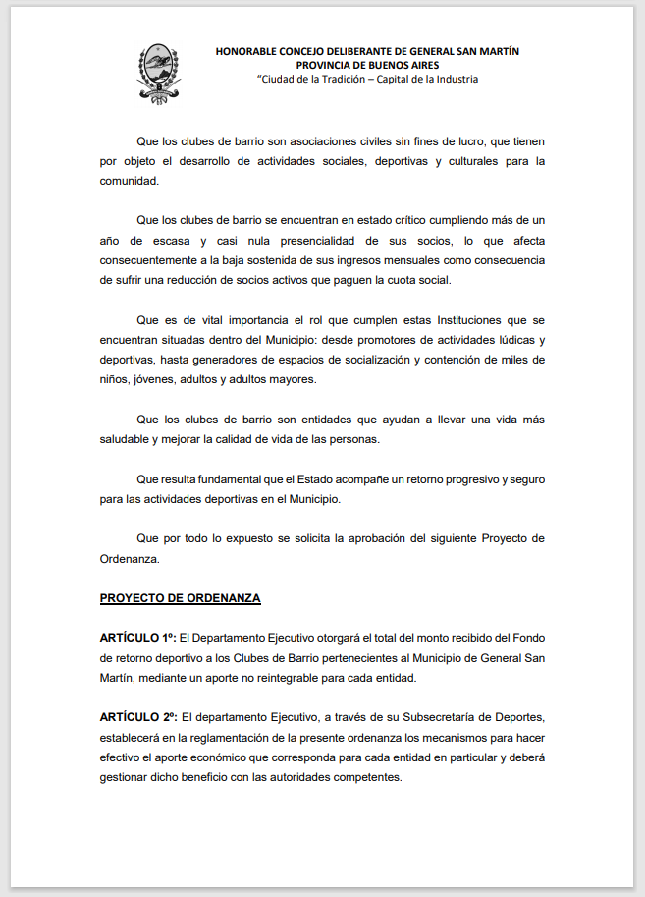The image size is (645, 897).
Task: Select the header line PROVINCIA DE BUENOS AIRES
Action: point(367,65)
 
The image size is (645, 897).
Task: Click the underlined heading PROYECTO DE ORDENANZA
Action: point(180,597)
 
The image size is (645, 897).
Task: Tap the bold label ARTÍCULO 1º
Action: point(138,639)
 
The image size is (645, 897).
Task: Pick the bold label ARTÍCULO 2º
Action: point(138,717)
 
